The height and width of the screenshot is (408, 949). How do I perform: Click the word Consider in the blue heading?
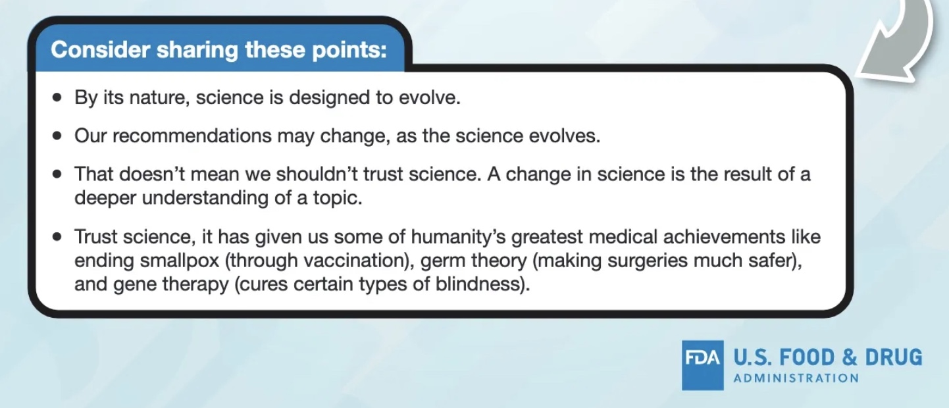tap(101, 49)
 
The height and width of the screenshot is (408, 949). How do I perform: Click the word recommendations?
tap(192, 136)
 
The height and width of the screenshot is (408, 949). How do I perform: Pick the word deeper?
tap(105, 198)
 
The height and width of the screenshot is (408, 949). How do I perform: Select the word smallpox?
tap(180, 261)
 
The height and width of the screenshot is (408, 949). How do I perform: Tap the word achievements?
tap(724, 236)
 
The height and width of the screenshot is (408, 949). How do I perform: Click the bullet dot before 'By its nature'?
tap(57, 98)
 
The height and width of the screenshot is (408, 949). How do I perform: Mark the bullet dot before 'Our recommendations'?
tap(57, 136)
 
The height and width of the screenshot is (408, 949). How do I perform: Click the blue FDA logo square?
tap(702, 365)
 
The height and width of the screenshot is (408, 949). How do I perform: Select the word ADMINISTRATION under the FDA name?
tap(796, 378)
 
